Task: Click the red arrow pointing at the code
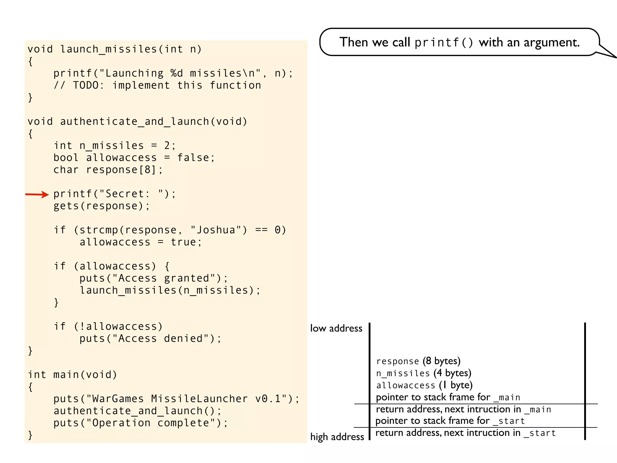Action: point(37,194)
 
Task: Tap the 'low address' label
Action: point(336,328)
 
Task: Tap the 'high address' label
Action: point(337,437)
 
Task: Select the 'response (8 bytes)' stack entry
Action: point(418,361)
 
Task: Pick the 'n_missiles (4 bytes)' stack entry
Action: point(423,373)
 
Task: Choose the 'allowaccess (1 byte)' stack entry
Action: point(424,385)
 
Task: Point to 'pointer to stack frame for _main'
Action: point(448,397)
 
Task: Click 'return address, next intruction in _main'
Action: point(463,409)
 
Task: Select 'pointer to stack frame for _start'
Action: point(450,421)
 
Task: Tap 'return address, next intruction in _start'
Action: point(465,433)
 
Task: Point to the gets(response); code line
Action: point(102,206)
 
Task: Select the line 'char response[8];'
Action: point(108,170)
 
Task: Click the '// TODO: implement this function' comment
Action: point(157,85)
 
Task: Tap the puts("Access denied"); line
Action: point(150,339)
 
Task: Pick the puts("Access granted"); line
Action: point(154,278)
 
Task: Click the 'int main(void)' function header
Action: point(72,375)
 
